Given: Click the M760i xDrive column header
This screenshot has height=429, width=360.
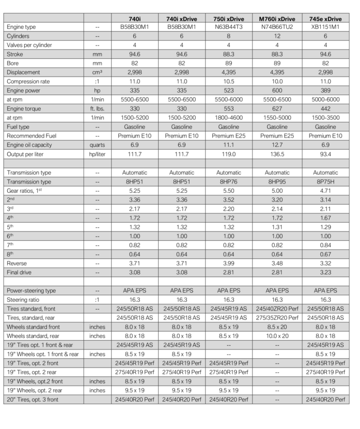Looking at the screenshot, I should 277,18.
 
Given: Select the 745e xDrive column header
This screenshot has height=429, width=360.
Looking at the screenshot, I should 326,18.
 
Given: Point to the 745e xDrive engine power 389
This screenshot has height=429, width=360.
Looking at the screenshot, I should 326,89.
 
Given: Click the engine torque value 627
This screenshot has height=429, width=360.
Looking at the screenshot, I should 277,108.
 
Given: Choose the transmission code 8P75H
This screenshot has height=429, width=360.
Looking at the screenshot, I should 326,182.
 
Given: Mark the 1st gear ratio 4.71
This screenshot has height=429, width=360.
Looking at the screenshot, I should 326,191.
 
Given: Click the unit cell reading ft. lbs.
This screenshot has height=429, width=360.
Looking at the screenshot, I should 97,108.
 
